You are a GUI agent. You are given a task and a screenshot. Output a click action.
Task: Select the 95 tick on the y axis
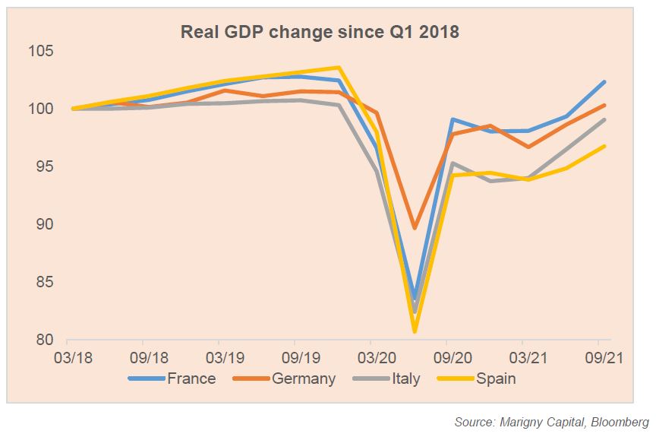coord(43,167)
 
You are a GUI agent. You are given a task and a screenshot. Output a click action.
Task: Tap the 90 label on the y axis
coord(43,225)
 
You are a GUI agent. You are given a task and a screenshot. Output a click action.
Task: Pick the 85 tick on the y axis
coord(43,283)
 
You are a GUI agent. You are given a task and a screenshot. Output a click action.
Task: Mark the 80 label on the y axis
coord(43,340)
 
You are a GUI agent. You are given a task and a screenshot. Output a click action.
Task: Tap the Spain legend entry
coord(495,378)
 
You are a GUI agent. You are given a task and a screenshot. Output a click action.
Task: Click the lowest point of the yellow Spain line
coord(415,331)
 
